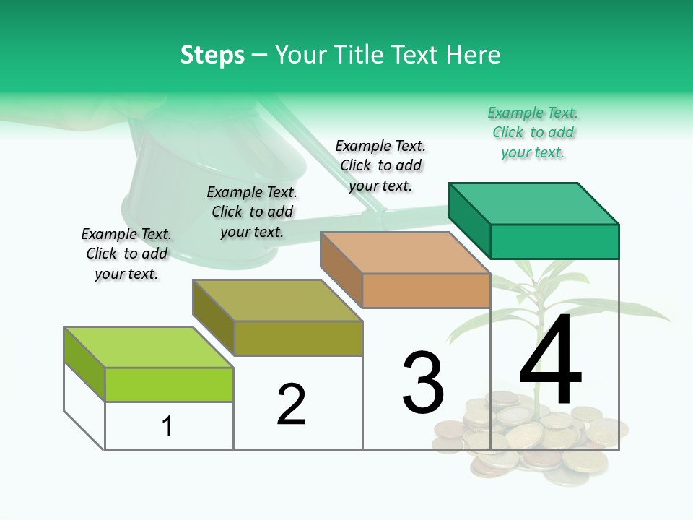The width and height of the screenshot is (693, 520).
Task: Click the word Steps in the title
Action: coord(212,55)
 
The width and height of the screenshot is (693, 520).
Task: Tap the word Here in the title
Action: coord(474,55)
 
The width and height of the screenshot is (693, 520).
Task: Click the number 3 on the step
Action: coord(423,382)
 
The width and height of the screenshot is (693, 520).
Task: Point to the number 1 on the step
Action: coord(167,426)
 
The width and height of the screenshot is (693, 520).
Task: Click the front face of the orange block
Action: coord(426,290)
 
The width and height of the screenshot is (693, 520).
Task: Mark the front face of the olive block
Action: coord(298,338)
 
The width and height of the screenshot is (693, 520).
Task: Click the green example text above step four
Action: coord(533,132)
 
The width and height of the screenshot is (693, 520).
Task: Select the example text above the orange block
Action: coord(380,165)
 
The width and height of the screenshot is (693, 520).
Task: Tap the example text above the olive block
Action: coord(252,212)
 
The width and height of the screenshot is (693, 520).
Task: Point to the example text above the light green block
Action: coord(126,253)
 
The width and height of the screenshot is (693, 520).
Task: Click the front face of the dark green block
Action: coord(554,241)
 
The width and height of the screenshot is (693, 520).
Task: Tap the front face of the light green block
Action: coord(169,384)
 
